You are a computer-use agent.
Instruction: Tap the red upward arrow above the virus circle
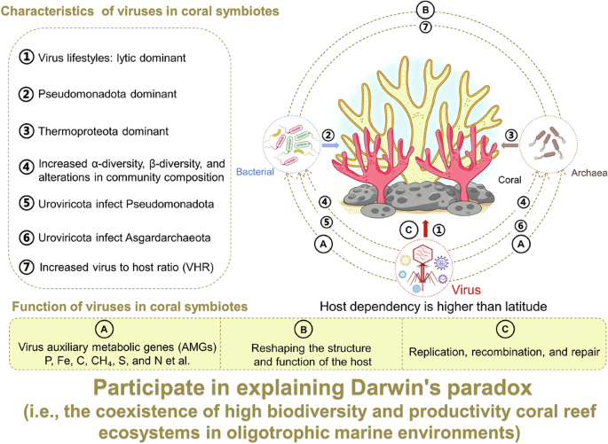(426, 230)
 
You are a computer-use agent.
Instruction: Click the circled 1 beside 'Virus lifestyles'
(27, 56)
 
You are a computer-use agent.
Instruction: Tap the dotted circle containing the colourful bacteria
(290, 143)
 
